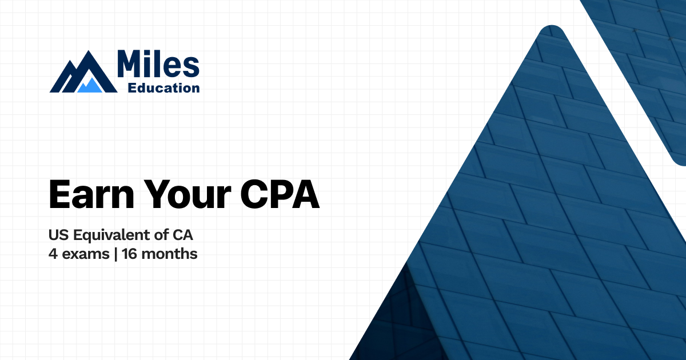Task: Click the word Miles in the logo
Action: coord(157,64)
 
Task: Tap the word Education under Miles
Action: coord(164,88)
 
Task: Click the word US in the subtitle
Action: coord(57,234)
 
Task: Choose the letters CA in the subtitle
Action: coord(186,234)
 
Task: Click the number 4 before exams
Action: coord(53,254)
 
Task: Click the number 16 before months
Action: coord(130,254)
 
